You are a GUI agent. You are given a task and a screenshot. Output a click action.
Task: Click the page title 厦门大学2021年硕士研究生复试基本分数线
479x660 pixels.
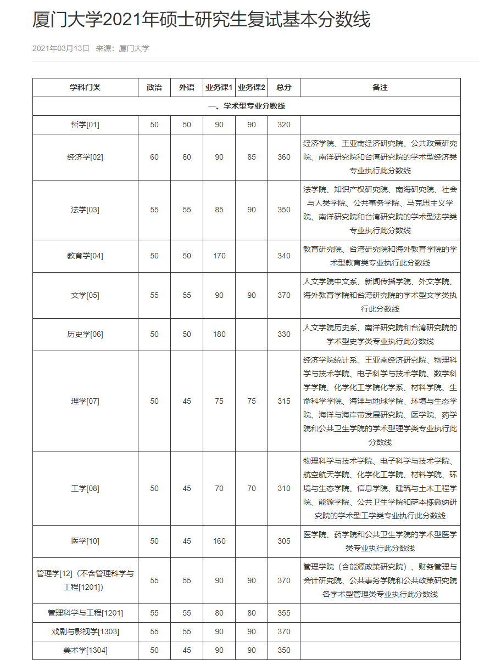coord(202,20)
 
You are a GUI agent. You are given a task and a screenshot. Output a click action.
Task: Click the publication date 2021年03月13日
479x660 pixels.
coord(61,48)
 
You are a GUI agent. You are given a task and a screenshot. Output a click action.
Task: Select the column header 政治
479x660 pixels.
coord(154,88)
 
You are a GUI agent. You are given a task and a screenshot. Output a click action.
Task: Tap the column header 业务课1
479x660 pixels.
coord(219,88)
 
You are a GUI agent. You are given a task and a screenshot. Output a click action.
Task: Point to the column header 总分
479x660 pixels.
coord(284,88)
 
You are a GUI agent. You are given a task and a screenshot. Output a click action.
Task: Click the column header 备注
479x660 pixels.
coord(380,88)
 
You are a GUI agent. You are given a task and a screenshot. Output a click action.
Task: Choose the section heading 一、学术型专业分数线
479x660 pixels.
coord(247,106)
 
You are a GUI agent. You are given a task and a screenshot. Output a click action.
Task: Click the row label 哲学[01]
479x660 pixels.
coord(85,125)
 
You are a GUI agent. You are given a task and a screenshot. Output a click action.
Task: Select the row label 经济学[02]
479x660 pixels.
coord(85,157)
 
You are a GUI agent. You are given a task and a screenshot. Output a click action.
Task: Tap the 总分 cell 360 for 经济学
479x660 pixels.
coord(284,157)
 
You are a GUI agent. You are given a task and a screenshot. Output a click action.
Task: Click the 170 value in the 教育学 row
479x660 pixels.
coord(219,256)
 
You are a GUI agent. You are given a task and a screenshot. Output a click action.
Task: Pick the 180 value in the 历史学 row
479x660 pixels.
coord(219,335)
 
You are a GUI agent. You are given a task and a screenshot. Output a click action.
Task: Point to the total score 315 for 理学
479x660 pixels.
coord(284,402)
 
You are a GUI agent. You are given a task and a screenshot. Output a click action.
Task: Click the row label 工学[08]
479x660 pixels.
coord(85,489)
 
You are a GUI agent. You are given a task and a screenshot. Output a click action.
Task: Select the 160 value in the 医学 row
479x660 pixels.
coord(219,541)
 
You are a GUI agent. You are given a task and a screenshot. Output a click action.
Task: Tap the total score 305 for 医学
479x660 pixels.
coord(284,541)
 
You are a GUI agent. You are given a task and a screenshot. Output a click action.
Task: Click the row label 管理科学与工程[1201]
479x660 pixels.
coord(85,613)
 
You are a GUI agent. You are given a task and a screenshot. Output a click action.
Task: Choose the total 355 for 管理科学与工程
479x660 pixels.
coord(284,613)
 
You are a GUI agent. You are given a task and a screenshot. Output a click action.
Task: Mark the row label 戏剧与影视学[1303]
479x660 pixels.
coord(85,632)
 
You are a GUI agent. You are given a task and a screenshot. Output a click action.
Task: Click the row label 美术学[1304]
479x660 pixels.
coord(85,651)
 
